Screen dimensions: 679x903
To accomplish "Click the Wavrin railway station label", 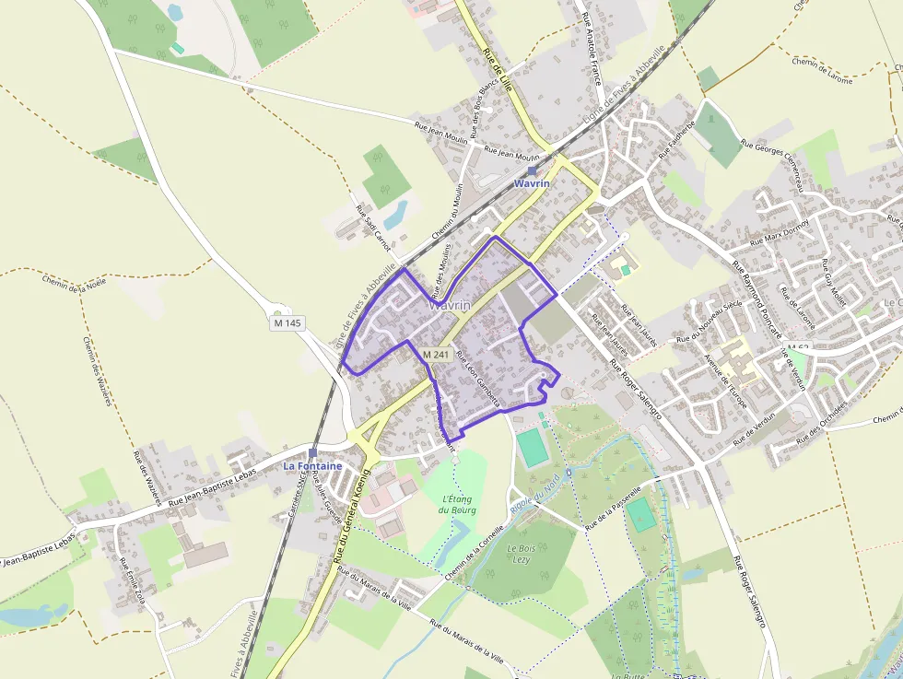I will click(x=532, y=183).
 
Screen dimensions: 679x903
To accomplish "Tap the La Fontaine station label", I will click(x=312, y=466).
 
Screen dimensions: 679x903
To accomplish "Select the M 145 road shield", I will click(x=287, y=323).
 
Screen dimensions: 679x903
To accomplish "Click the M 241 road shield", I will click(x=436, y=355).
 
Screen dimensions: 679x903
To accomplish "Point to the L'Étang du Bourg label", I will click(x=457, y=504).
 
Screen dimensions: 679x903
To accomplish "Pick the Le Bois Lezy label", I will click(x=522, y=553).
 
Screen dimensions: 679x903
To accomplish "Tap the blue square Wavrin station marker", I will click(x=532, y=170).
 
